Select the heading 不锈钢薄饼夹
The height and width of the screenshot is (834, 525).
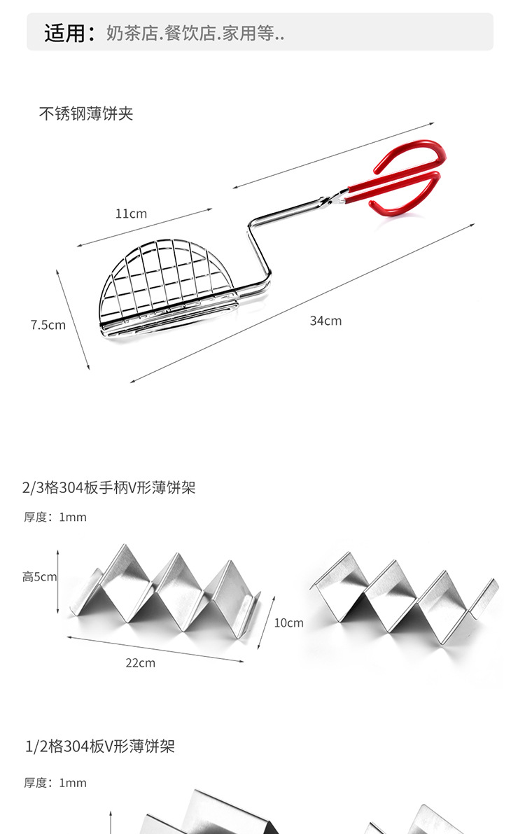click(85, 113)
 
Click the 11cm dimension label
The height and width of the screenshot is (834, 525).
click(131, 214)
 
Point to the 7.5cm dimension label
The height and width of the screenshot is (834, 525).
click(48, 325)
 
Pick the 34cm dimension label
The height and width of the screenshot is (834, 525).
click(325, 321)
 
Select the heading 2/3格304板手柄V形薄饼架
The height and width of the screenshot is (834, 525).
click(108, 488)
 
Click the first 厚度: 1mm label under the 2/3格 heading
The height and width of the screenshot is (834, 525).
click(55, 517)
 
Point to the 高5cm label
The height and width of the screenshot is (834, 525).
click(39, 577)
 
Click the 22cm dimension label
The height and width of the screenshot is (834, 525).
click(140, 662)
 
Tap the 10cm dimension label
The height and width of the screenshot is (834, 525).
click(288, 623)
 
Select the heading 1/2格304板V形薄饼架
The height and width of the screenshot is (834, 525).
click(99, 746)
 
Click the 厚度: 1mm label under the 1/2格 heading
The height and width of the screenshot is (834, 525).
click(55, 783)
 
